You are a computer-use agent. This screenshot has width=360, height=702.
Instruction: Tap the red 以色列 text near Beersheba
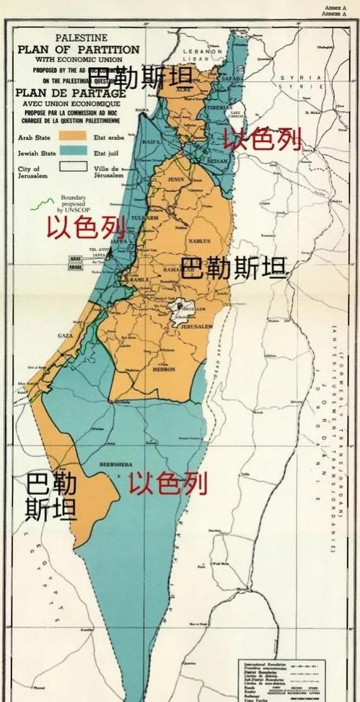pyautogui.click(x=168, y=483)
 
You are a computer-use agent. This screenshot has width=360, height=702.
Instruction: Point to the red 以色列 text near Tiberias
pyautogui.click(x=261, y=139)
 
